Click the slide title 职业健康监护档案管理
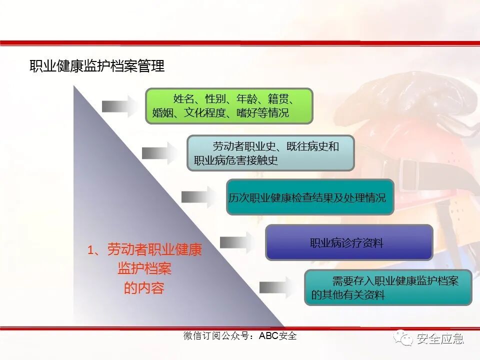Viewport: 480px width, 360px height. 97,66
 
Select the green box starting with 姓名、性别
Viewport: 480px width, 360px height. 229,106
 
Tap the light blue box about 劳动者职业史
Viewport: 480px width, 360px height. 270,153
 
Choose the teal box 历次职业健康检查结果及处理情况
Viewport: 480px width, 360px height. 310,197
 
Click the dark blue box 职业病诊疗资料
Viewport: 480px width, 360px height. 348,242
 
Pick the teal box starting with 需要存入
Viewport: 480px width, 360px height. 388,287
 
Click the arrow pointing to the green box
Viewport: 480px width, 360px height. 119,106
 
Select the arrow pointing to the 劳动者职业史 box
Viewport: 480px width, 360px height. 159,152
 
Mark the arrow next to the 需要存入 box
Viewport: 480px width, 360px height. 277,287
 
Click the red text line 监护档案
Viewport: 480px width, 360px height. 144,269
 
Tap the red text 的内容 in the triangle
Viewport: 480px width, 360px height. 144,288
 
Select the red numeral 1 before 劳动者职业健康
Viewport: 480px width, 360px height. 91,250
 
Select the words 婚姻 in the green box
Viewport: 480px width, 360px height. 162,113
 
